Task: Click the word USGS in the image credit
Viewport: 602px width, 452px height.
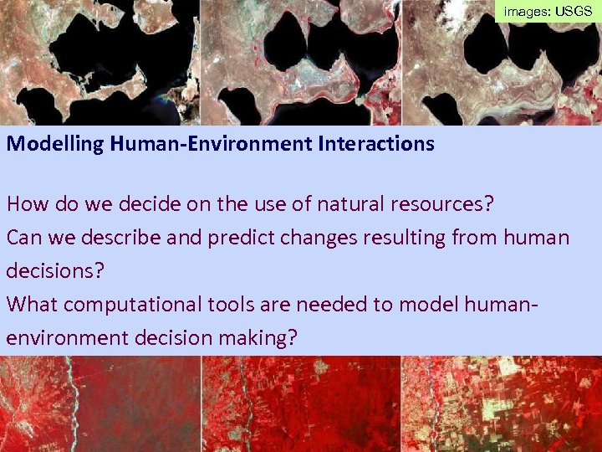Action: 574,13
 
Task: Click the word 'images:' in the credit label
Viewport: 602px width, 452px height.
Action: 527,13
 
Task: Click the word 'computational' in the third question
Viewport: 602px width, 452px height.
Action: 127,305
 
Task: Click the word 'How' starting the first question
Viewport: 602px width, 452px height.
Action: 25,203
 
